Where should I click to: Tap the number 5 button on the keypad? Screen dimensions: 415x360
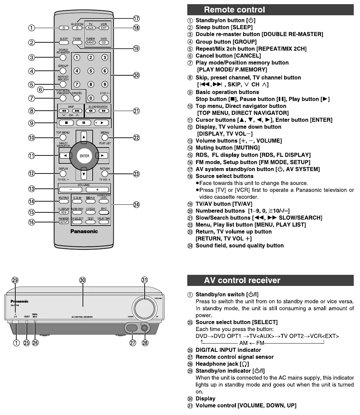click(x=91, y=71)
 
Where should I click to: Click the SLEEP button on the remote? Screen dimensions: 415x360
click(x=63, y=43)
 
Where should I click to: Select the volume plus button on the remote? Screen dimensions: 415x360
click(x=97, y=190)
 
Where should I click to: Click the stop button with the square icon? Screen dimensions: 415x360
click(x=70, y=122)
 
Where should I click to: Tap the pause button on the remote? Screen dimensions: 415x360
click(x=84, y=122)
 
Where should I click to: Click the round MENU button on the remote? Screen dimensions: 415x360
click(x=105, y=138)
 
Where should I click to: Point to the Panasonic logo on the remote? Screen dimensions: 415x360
click(x=84, y=231)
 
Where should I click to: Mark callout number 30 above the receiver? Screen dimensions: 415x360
click(x=83, y=280)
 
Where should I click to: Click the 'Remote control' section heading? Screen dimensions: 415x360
click(x=234, y=10)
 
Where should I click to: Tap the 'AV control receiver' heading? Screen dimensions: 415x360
click(x=242, y=280)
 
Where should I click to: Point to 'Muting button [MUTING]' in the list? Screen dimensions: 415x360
click(x=228, y=148)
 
